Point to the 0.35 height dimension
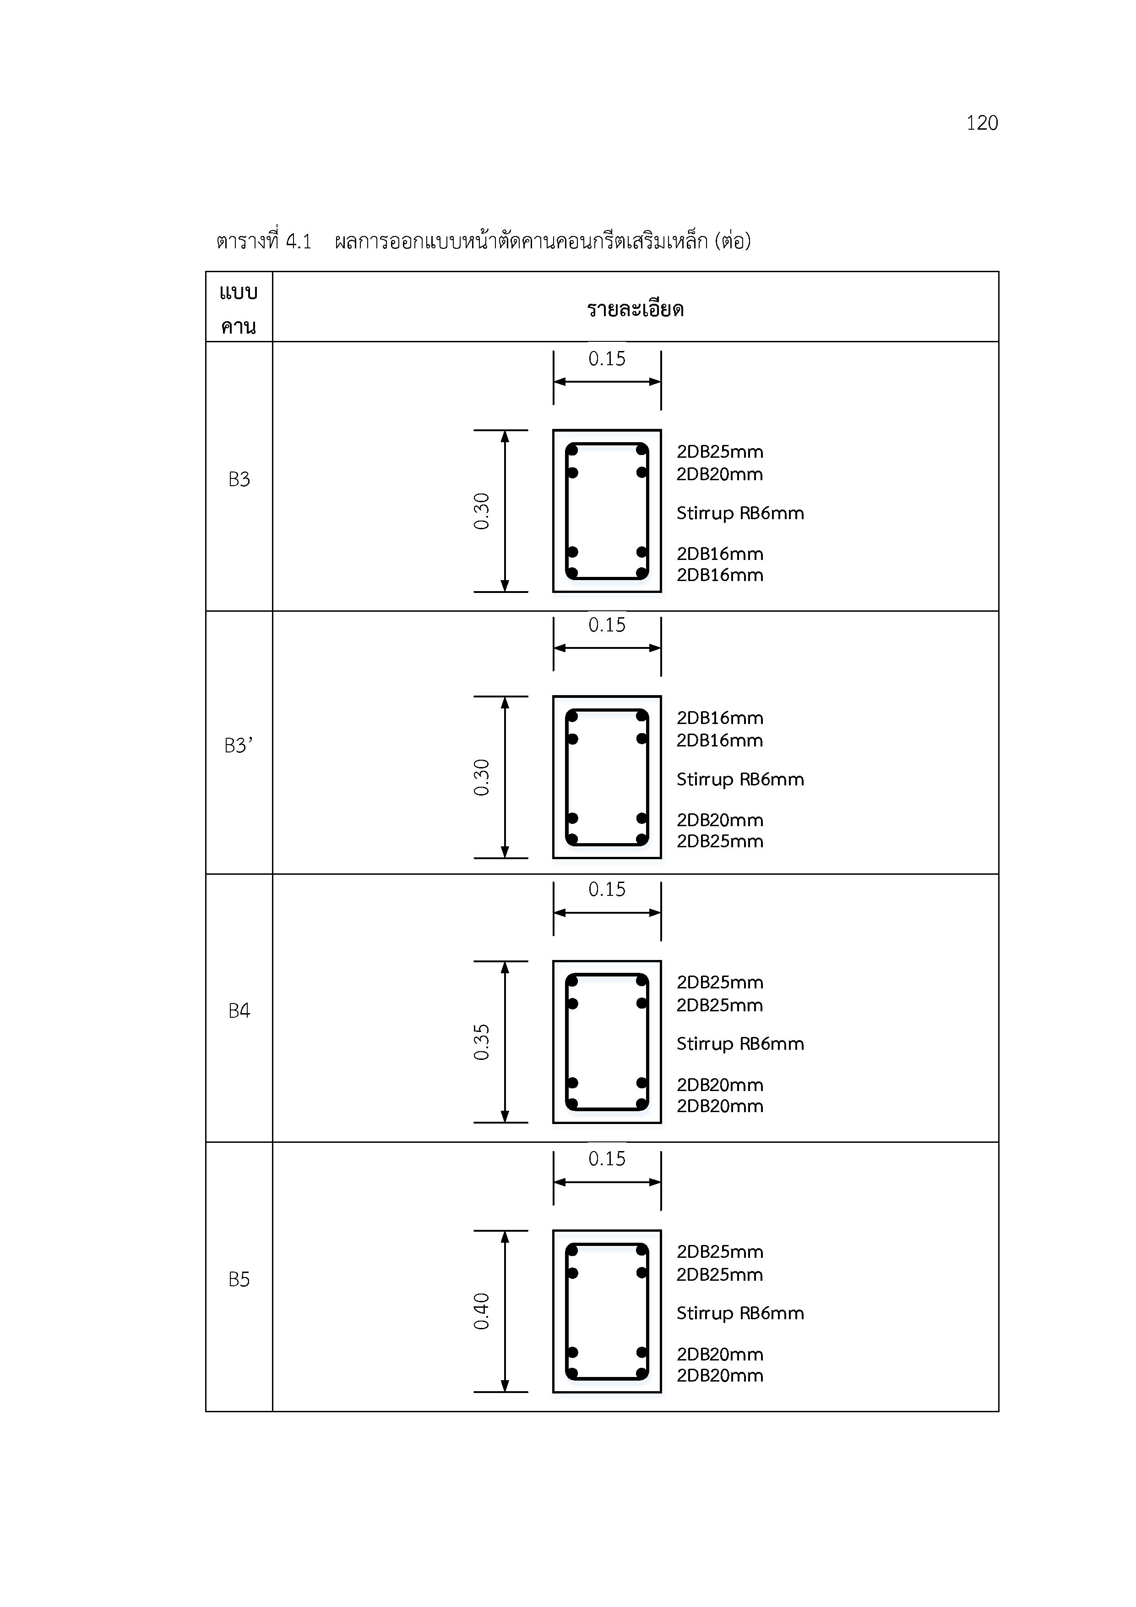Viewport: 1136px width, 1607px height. [x=481, y=1042]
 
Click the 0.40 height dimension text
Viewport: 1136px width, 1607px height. [x=481, y=1311]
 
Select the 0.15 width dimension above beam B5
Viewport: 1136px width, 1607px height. [x=607, y=1158]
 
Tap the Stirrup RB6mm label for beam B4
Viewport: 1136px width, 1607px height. [x=740, y=1043]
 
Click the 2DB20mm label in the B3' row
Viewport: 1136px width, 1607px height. [x=720, y=820]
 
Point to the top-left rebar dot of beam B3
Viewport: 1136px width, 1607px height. [x=572, y=450]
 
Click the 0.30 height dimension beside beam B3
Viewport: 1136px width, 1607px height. [x=481, y=511]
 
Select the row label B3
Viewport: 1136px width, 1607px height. [x=239, y=479]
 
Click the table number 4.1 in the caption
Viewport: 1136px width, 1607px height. [x=299, y=241]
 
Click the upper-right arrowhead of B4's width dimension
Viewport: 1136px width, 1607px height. [x=655, y=913]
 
